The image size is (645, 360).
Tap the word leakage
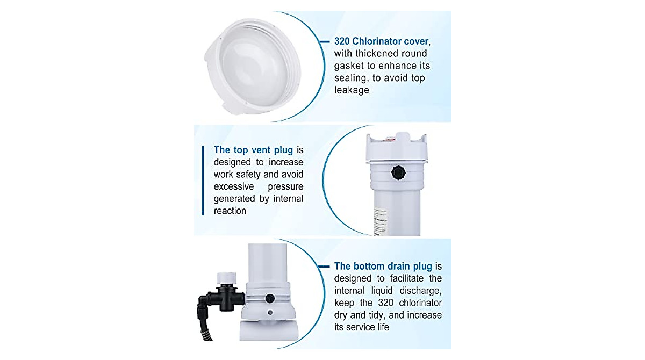[352, 90]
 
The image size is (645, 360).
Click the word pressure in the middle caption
[285, 186]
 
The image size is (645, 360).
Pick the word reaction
[230, 211]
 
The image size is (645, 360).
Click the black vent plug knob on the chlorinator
[398, 173]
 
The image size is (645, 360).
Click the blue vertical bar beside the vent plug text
[203, 180]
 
